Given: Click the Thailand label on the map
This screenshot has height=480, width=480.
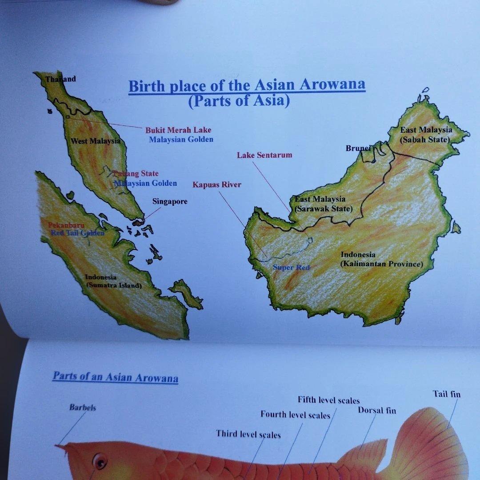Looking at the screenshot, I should click(x=61, y=79).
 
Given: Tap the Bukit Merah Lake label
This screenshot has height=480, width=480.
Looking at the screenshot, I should click(x=178, y=130).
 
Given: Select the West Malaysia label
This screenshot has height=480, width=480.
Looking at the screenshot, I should click(x=96, y=141).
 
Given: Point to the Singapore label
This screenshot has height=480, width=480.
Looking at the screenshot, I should click(x=170, y=201).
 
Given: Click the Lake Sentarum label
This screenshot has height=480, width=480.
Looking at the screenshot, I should click(x=264, y=155).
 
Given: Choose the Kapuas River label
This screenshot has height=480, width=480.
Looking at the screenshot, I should click(x=217, y=184).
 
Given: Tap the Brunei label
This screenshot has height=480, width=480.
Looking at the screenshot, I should click(x=358, y=148).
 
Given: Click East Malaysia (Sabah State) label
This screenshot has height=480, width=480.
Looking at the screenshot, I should click(x=426, y=135).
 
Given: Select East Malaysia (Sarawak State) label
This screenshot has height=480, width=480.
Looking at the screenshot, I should click(x=323, y=204).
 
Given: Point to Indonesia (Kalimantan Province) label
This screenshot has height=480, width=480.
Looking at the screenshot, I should click(x=381, y=260).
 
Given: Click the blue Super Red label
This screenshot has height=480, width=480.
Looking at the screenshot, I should click(x=291, y=267).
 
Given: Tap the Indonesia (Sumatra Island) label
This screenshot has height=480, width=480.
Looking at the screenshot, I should click(x=113, y=281).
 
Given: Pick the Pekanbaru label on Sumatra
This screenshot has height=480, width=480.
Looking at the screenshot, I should click(x=66, y=225).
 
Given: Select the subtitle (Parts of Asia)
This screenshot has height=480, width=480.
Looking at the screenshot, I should click(x=239, y=101).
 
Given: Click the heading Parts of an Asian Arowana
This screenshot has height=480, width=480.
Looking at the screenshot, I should click(x=116, y=377).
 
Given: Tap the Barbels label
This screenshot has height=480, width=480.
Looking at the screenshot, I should click(x=82, y=407).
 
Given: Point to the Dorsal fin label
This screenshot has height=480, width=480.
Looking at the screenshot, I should click(x=377, y=410).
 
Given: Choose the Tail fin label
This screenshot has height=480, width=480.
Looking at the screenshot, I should click(x=447, y=394).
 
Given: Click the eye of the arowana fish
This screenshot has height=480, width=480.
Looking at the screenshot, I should click(x=100, y=461).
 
